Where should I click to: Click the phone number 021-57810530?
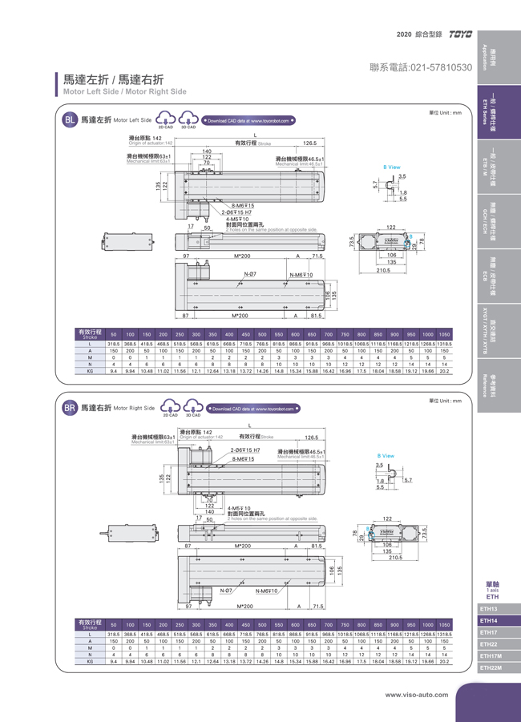[422, 68]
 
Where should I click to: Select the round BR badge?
[71, 408]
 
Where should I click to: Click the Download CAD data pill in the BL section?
[249, 120]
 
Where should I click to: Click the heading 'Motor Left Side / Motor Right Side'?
[125, 91]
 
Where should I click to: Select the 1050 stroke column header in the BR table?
[445, 624]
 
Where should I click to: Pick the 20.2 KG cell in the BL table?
[445, 371]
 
